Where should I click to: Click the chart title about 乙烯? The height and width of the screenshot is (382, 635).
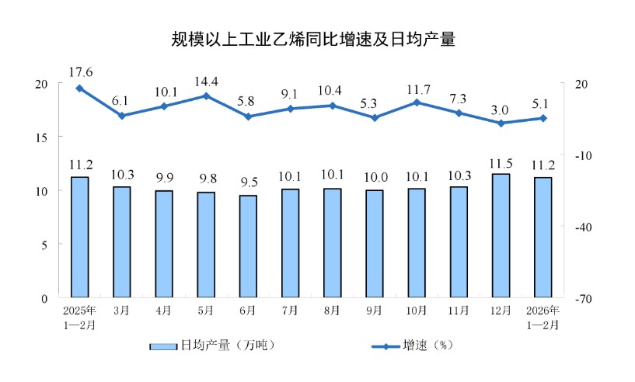pos(313,40)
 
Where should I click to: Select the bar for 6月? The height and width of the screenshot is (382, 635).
pos(248,246)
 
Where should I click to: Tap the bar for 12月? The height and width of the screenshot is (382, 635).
pos(501,235)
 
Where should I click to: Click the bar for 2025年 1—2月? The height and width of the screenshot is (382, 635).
pos(79,237)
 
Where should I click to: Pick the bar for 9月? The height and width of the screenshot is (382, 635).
pos(375,244)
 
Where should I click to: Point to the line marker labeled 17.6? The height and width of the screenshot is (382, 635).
pos(79,89)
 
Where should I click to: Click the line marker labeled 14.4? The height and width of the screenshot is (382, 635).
pos(206,96)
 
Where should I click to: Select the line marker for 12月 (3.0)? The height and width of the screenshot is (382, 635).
pos(501,123)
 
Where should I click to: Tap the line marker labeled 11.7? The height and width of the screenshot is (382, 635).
pos(417,102)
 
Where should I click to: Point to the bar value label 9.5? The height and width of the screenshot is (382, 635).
pos(248,184)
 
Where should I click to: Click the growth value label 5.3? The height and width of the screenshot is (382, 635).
pos(375,103)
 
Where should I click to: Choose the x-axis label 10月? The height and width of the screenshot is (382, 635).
pos(417,311)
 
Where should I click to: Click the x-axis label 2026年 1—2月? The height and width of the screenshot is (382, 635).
pos(543,318)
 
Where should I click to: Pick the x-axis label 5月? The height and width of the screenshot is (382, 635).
pos(206,311)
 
